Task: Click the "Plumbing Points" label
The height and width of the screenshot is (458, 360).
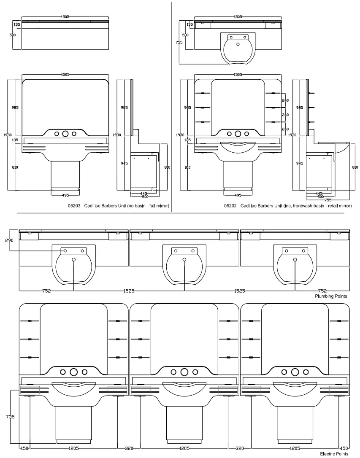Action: pyautogui.click(x=331, y=296)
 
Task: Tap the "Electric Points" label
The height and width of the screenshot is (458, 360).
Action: pyautogui.click(x=334, y=454)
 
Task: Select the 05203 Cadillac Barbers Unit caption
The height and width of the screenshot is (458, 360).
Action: pyautogui.click(x=118, y=206)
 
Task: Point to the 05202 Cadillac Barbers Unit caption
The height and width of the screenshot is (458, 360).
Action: pyautogui.click(x=288, y=206)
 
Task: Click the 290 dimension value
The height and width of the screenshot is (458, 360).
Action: pyautogui.click(x=9, y=240)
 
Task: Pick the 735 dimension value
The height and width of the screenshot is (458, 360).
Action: pyautogui.click(x=10, y=417)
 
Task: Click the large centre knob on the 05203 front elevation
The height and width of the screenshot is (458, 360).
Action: pyautogui.click(x=65, y=134)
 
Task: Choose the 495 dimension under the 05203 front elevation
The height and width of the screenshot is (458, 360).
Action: pyautogui.click(x=65, y=195)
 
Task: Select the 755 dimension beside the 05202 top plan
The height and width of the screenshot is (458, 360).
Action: pyautogui.click(x=179, y=42)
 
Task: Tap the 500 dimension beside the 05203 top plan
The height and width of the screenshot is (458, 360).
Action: pyautogui.click(x=13, y=35)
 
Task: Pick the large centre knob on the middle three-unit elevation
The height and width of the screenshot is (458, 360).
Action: pyautogui.click(x=184, y=372)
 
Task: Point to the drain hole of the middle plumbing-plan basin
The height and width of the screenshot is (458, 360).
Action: pyautogui.click(x=184, y=259)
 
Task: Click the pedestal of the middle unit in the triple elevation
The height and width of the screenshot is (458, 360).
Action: pyautogui.click(x=184, y=422)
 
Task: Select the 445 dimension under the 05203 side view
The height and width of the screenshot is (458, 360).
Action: pyautogui.click(x=144, y=194)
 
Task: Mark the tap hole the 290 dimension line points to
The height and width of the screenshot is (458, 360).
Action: pyautogui.click(x=65, y=251)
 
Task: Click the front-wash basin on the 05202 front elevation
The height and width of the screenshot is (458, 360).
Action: pyautogui.click(x=238, y=148)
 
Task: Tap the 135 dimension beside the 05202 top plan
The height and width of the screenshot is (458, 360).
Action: pyautogui.click(x=190, y=25)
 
